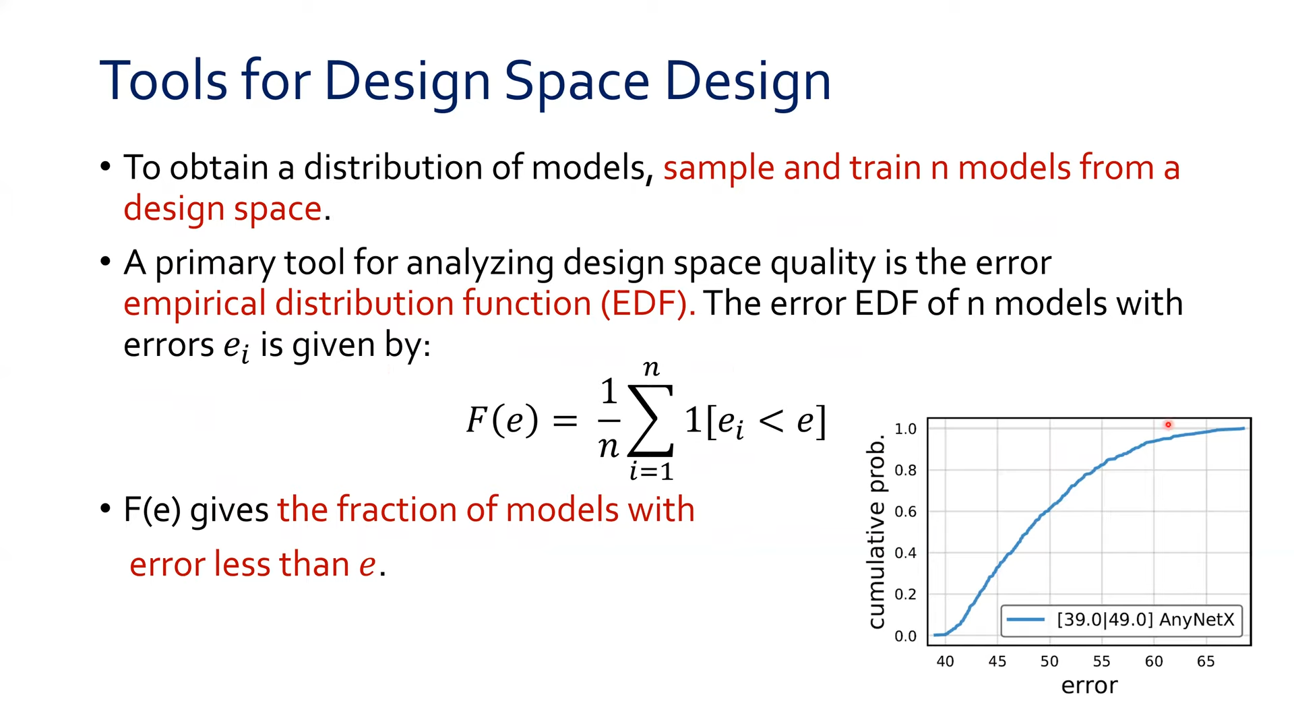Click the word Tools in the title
(164, 81)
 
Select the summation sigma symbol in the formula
(650, 420)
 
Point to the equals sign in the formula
(565, 421)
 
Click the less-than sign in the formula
(771, 421)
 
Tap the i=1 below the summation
(651, 471)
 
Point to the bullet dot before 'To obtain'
(105, 166)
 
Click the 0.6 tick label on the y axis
(905, 512)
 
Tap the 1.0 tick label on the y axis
(905, 429)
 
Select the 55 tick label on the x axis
(1101, 661)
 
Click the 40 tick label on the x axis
(945, 661)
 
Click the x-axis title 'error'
(1089, 686)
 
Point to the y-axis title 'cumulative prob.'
(876, 533)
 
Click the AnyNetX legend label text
(1146, 619)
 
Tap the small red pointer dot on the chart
(1168, 425)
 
